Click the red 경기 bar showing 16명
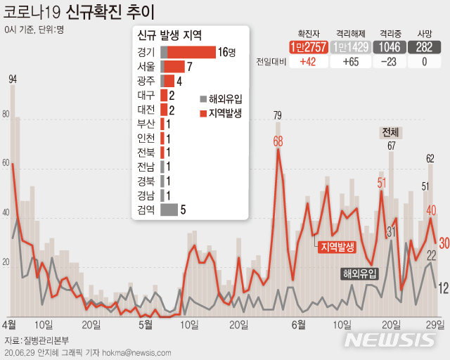coord(191,52)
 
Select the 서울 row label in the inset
coord(146,67)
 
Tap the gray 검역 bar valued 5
coord(169,209)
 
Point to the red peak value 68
coord(278,141)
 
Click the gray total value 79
coord(278,115)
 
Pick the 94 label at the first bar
coord(12,79)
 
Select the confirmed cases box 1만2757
coord(307,47)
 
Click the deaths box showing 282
coord(424,47)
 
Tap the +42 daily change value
coord(307,62)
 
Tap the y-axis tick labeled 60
coord(6,163)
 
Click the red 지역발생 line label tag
coord(337,246)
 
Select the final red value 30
coord(444,243)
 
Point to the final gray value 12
coord(444,288)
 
